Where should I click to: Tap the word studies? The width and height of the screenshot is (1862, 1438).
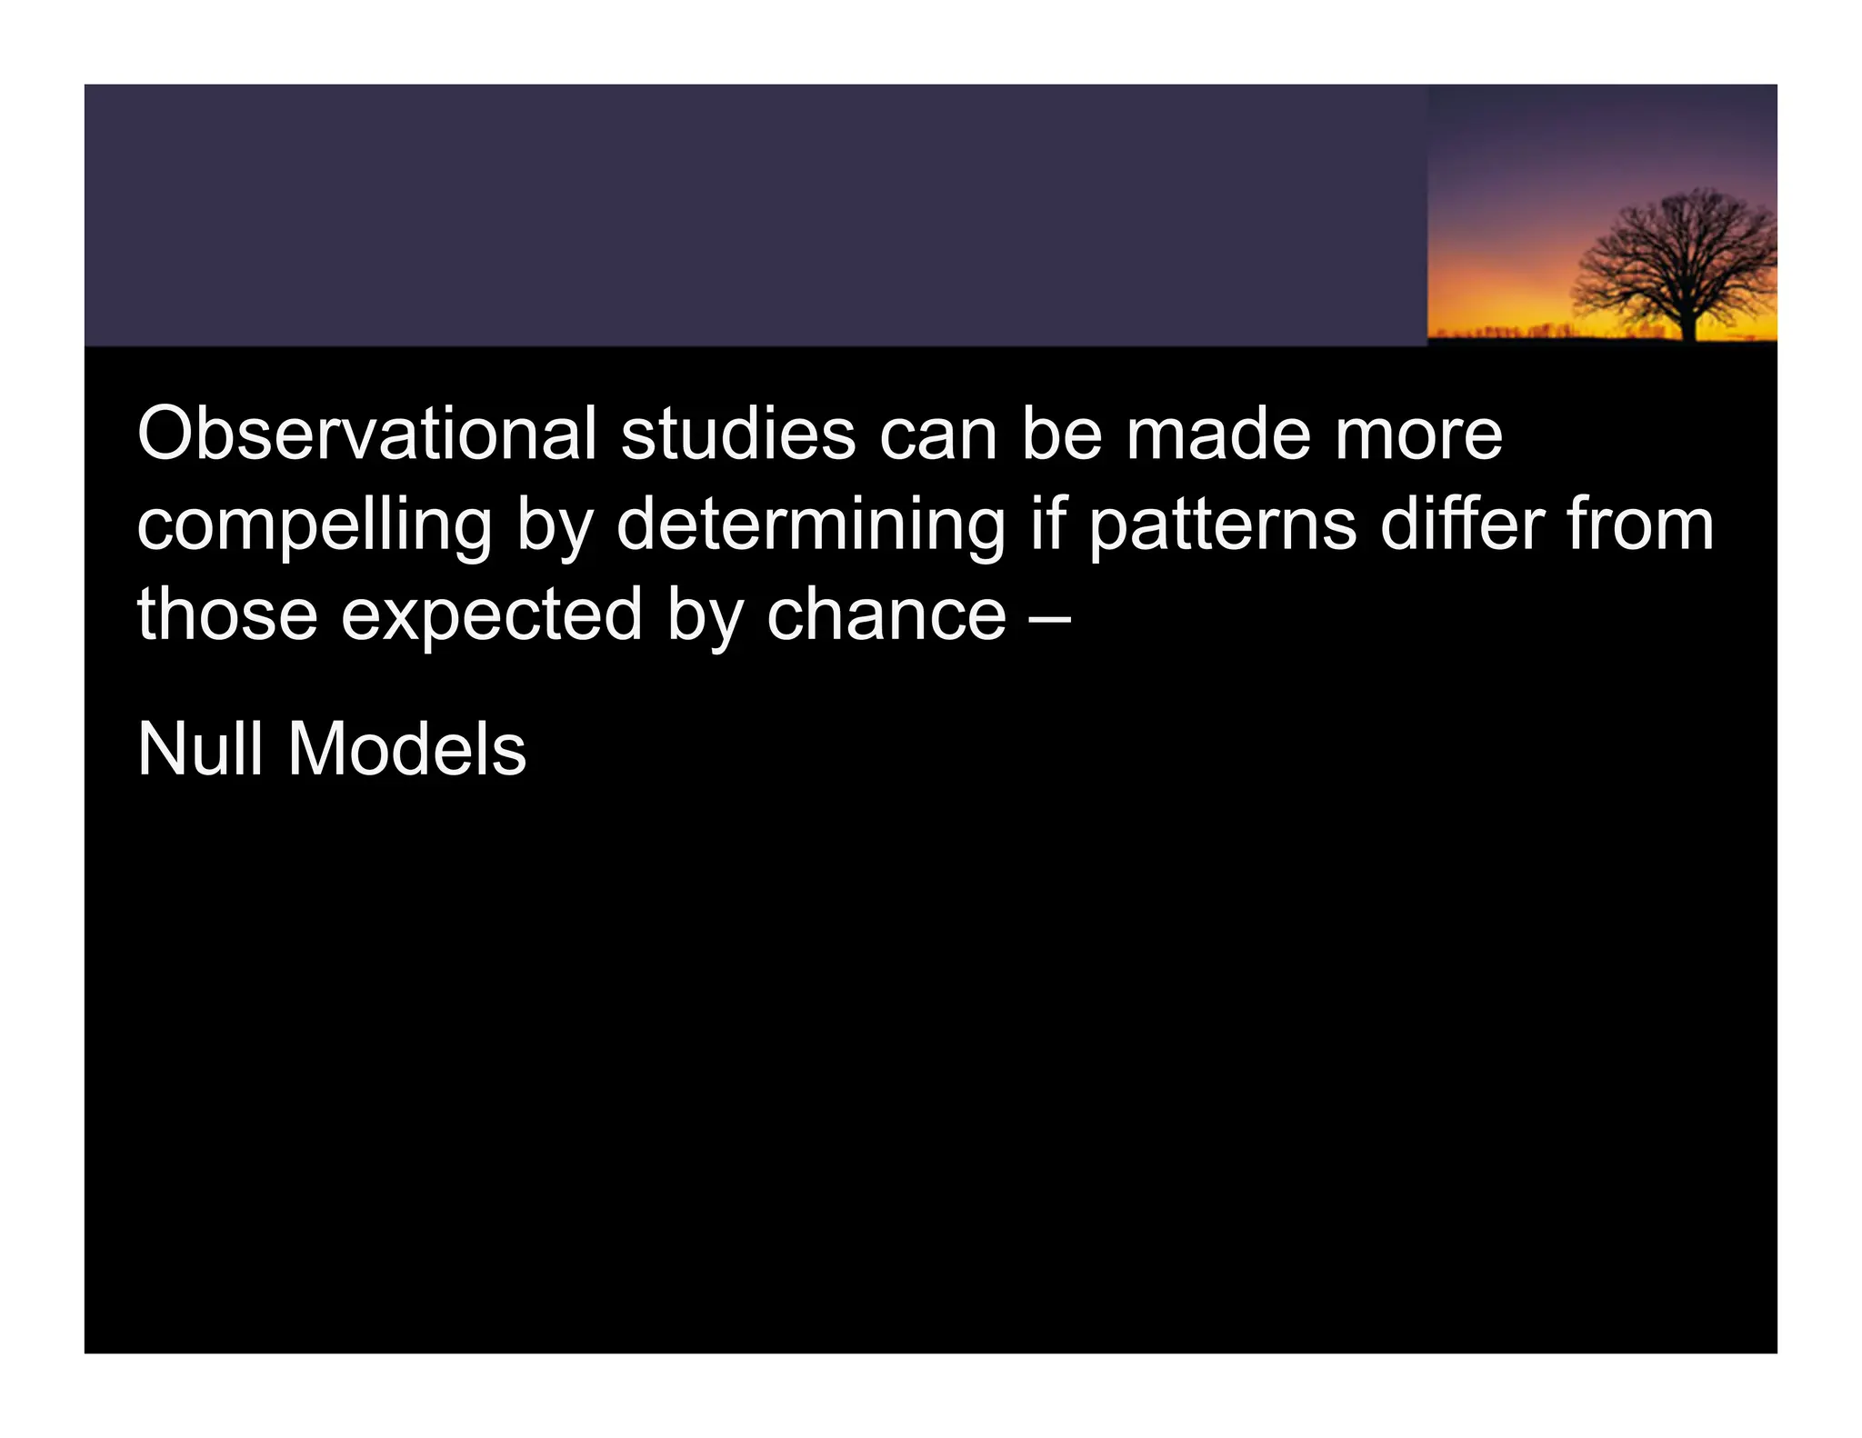click(x=737, y=434)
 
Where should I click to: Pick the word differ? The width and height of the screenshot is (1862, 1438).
click(x=1462, y=524)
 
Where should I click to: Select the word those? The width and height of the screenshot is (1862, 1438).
click(x=227, y=614)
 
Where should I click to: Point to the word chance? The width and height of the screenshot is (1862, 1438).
click(x=886, y=614)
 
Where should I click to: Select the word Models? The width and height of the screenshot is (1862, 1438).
click(x=406, y=750)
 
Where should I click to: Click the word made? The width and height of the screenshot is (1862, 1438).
click(x=1217, y=434)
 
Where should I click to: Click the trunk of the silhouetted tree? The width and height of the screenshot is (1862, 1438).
click(x=1687, y=324)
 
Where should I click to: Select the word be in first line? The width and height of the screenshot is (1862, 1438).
click(x=1062, y=434)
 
